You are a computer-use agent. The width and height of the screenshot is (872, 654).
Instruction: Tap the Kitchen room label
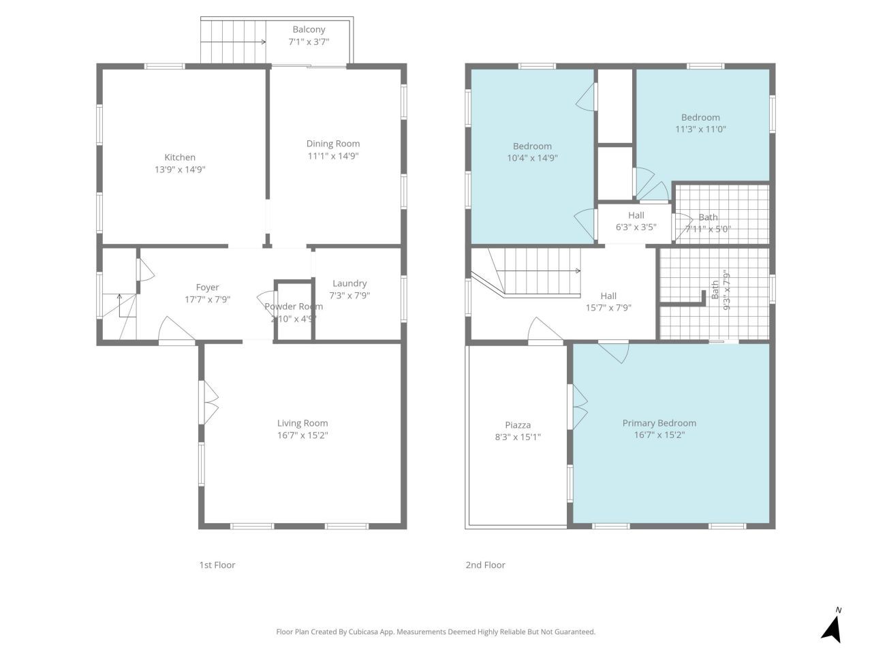pos(180,157)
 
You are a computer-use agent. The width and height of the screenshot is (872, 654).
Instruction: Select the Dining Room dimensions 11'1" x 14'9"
pos(332,156)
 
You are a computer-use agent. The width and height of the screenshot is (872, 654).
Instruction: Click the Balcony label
pos(309,29)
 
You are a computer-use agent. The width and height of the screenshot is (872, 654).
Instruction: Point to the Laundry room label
pos(349,283)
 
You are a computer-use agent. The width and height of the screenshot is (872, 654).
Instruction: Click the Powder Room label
pos(294,307)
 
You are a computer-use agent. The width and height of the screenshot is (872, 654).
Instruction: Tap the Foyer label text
pos(207,287)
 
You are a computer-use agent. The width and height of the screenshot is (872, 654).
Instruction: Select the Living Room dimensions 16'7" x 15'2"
pos(302,435)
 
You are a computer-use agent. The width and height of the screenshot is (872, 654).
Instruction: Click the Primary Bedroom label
pos(659,423)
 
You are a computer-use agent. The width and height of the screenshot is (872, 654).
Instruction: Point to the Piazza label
pos(518,425)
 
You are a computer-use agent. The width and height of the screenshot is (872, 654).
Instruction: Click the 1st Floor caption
pos(217,565)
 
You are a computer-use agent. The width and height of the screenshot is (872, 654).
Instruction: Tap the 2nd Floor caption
pos(485,565)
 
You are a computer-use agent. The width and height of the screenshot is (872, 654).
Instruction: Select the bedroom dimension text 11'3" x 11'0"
pos(700,129)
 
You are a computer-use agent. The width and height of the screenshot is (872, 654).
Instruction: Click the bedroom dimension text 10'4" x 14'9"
pos(532,158)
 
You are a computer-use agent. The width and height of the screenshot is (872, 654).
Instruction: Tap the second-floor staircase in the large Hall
pos(538,270)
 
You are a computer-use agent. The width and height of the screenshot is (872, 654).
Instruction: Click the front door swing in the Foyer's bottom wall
pos(176,332)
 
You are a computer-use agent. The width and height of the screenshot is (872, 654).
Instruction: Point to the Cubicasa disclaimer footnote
pos(435,632)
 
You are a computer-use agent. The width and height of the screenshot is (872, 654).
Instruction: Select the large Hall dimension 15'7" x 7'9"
pos(608,307)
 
